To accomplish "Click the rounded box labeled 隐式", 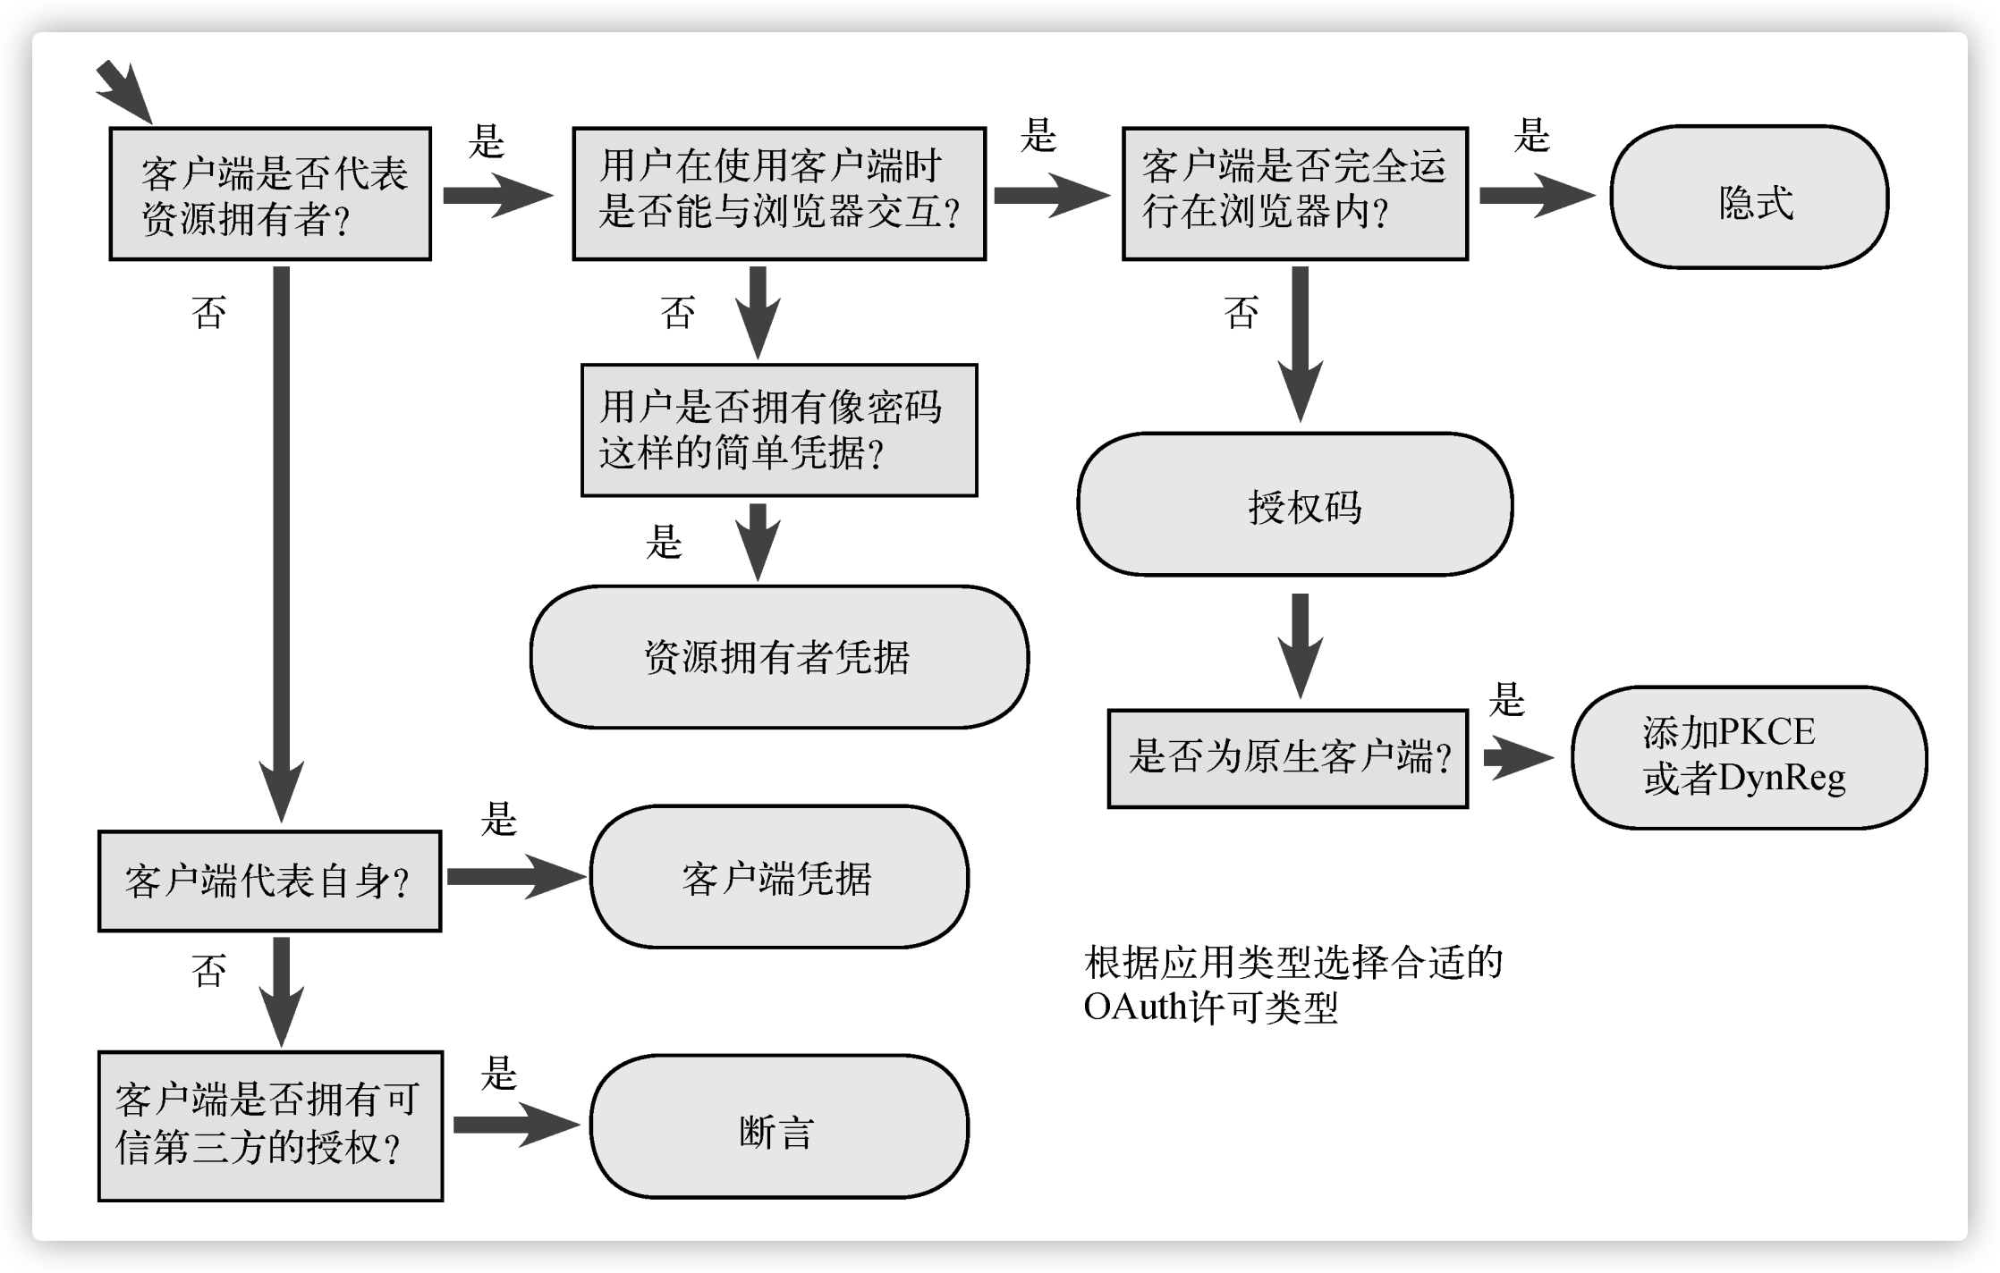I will (x=1749, y=197).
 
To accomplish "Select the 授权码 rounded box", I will (x=1294, y=505).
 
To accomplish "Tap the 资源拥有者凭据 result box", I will (x=778, y=657).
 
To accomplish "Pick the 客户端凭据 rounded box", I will (x=778, y=877).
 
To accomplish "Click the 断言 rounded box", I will (x=778, y=1126).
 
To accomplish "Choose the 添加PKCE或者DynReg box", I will (x=1749, y=757).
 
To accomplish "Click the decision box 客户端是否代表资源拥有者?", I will (x=270, y=194).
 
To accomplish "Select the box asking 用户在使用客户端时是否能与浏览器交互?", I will (x=778, y=194).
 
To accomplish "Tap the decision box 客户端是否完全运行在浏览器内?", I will (x=1294, y=194).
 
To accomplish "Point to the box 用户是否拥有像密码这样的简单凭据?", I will (x=778, y=430).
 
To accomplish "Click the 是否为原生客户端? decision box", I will (x=1287, y=759).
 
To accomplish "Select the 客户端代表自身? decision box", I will (x=269, y=881).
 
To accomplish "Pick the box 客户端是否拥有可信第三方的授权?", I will (x=270, y=1126).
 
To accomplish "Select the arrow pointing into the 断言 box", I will (x=515, y=1125).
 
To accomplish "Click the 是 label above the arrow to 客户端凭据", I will (x=498, y=819).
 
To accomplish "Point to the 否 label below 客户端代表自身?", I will (x=209, y=971).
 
